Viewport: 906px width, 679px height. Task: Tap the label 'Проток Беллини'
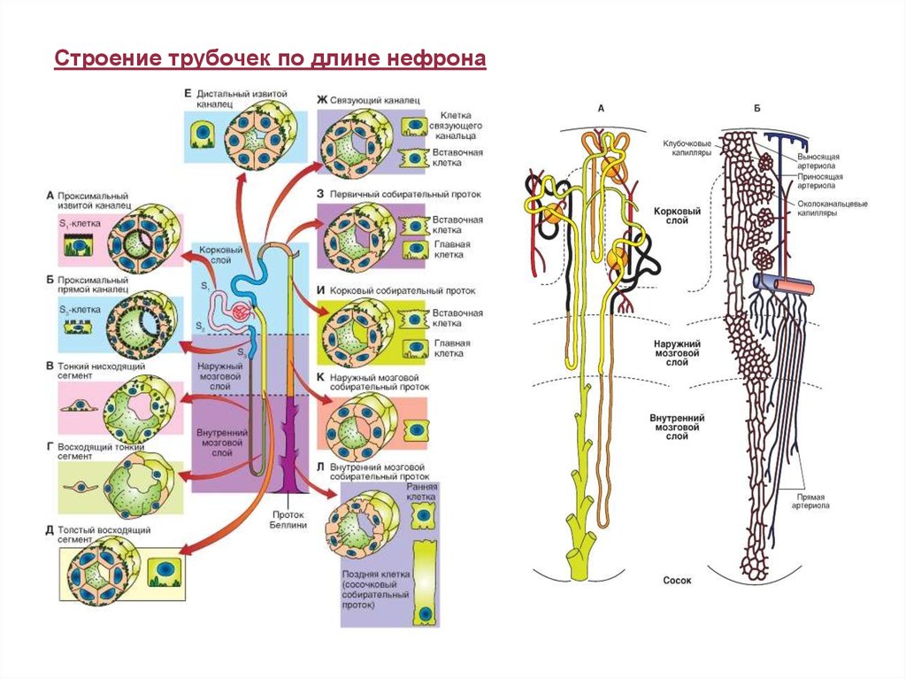(x=288, y=519)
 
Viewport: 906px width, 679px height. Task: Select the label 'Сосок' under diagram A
(x=677, y=581)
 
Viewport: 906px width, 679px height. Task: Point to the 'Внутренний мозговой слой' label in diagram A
(x=677, y=425)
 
